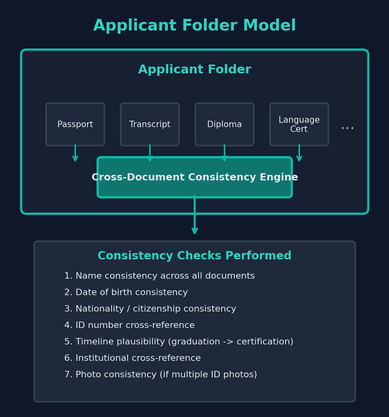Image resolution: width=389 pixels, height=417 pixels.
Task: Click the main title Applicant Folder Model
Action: click(194, 26)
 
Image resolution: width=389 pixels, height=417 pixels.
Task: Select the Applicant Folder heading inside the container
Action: click(194, 70)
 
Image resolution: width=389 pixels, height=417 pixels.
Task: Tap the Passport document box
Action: click(75, 124)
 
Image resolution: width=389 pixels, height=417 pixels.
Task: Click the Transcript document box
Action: click(150, 124)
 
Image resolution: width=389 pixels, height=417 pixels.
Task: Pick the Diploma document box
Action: click(224, 124)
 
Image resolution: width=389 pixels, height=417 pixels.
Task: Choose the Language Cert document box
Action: click(299, 124)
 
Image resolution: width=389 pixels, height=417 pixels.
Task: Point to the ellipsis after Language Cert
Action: click(347, 128)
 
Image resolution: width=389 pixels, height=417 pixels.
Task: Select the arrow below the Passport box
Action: click(75, 154)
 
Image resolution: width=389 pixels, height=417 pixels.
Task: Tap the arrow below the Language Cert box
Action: click(299, 154)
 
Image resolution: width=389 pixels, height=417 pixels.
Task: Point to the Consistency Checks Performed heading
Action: click(194, 256)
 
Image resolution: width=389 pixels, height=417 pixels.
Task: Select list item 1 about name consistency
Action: click(159, 276)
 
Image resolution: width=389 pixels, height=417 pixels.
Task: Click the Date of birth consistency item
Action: click(126, 293)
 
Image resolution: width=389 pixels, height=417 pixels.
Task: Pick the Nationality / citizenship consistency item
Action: click(150, 309)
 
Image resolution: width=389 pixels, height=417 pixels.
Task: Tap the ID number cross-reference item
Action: click(129, 326)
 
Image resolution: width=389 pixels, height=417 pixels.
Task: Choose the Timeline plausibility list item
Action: click(179, 342)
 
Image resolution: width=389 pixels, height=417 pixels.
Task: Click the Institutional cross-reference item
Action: click(132, 358)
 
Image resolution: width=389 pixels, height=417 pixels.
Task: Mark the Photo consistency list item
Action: click(160, 375)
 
